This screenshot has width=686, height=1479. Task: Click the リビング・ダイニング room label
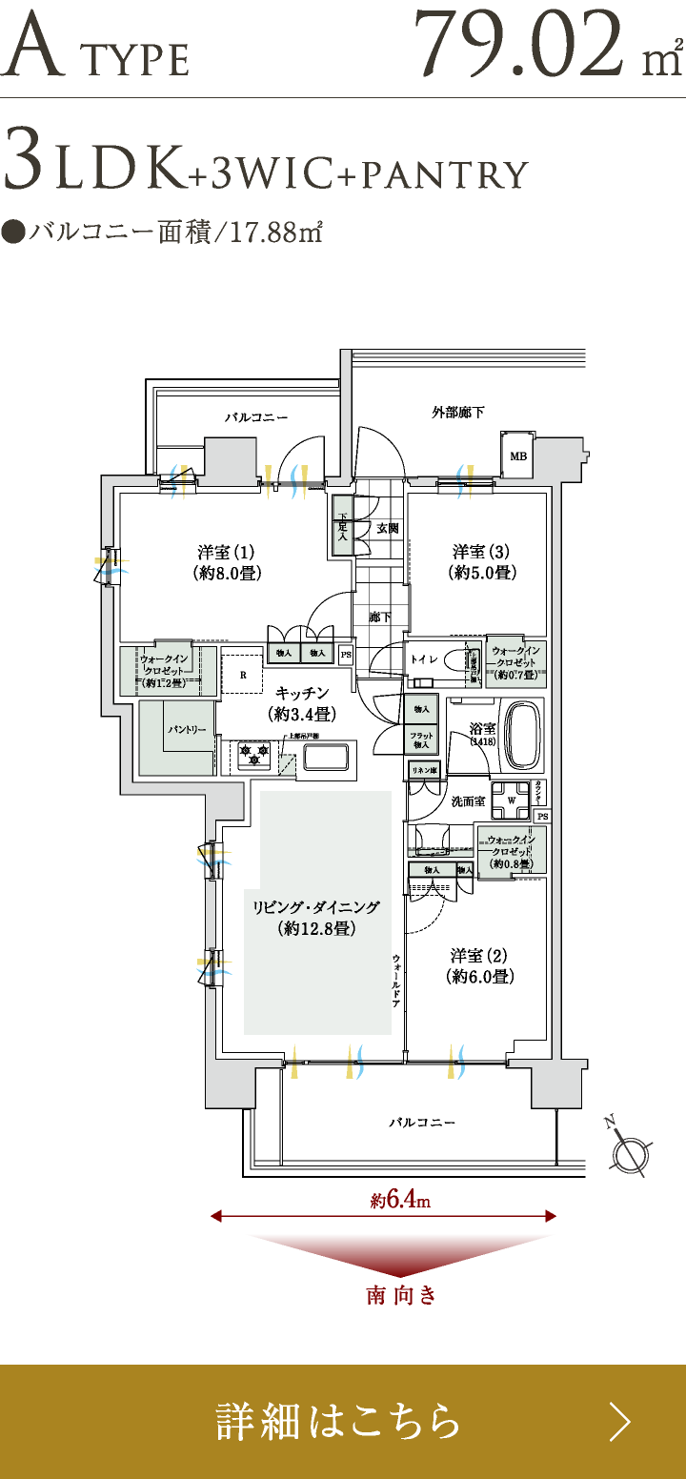coord(316,907)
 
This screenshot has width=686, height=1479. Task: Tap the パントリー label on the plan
coord(187,729)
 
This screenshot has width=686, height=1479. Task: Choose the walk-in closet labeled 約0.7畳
coord(515,662)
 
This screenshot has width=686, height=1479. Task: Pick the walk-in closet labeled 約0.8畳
coord(512,851)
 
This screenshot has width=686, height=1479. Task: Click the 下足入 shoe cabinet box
coord(342,525)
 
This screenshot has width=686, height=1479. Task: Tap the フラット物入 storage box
coord(421,739)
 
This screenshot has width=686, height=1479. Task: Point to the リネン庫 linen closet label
coord(424,769)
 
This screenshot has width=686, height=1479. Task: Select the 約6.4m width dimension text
coord(400,1201)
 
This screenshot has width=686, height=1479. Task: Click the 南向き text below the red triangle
coord(401,1296)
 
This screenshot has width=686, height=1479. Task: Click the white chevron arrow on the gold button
coord(620,1422)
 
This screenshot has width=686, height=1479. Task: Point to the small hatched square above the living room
coord(288,763)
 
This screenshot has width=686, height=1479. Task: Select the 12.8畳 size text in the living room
coord(316,929)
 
